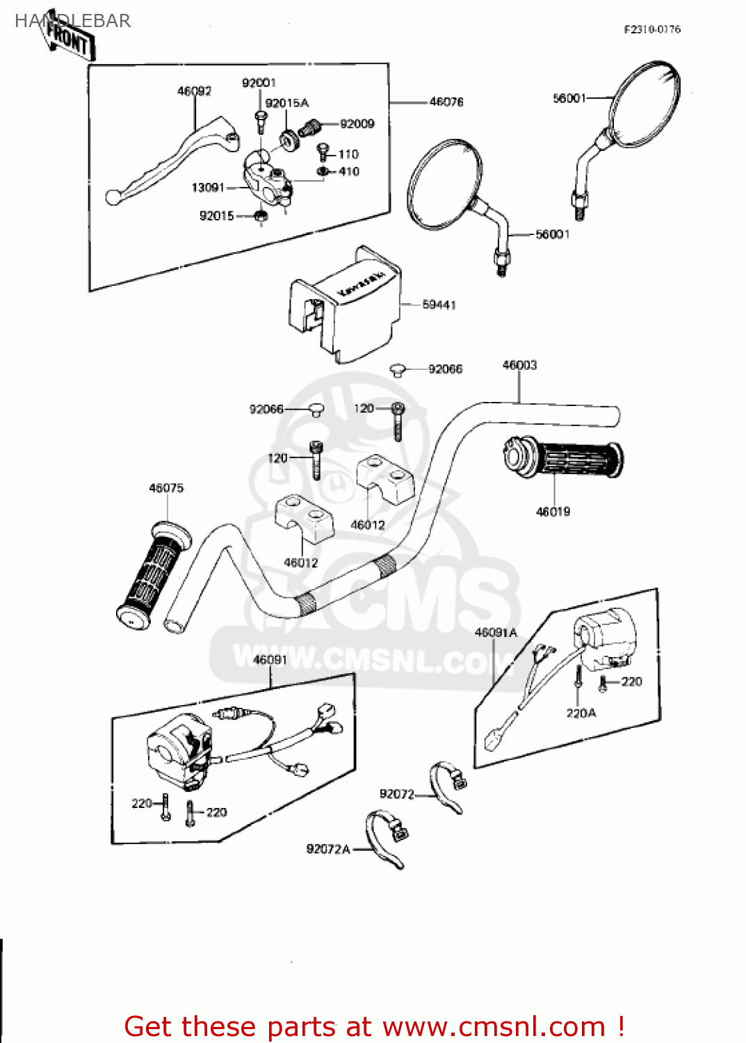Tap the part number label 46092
[194, 91]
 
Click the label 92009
[357, 124]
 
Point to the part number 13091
[208, 188]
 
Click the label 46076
[446, 102]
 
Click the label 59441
[439, 305]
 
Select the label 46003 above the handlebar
[519, 365]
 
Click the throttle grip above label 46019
[563, 459]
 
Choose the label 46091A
[496, 633]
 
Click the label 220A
[581, 713]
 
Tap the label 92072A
[328, 849]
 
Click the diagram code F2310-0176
[652, 29]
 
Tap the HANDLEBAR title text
[72, 21]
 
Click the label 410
[349, 172]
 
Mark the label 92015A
[286, 103]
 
